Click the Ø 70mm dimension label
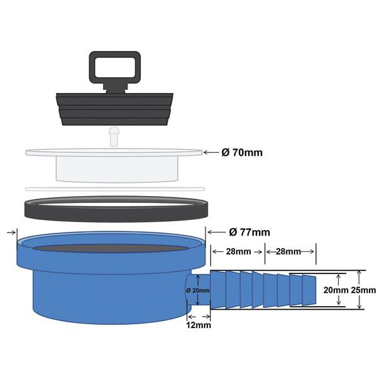tap(241, 151)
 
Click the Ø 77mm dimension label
tap(249, 232)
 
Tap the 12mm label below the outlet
tap(198, 325)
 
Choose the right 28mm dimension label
tap(290, 251)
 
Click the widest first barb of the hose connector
tap(218, 290)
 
